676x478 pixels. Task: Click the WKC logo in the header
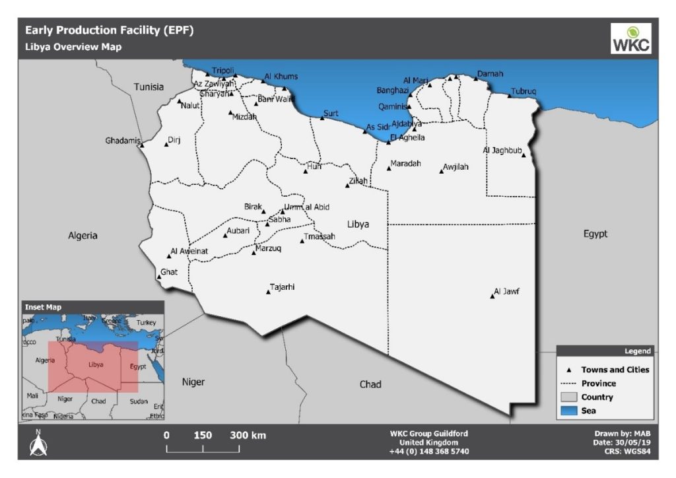[630, 38]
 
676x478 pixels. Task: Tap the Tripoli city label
[222, 71]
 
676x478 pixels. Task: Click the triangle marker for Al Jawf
[492, 296]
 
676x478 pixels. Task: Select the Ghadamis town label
[123, 141]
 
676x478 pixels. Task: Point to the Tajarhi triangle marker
[268, 292]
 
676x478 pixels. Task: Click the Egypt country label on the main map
[595, 234]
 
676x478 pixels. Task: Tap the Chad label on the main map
[370, 384]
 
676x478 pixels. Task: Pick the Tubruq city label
[524, 91]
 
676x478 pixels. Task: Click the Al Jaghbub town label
[502, 151]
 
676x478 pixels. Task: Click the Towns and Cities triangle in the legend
[568, 370]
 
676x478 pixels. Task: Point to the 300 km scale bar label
[248, 435]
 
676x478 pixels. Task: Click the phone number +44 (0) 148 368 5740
[429, 452]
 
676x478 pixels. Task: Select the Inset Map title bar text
[43, 307]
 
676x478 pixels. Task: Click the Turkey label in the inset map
[147, 322]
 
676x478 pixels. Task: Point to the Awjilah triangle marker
[442, 172]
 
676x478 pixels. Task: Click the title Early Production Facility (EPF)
[110, 30]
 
